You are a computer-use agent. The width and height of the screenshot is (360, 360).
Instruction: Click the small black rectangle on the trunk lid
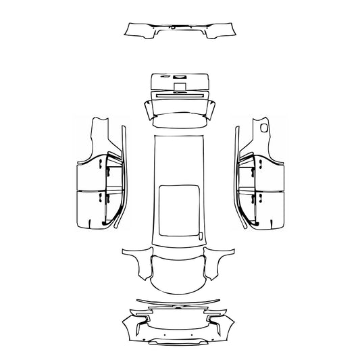(180, 86)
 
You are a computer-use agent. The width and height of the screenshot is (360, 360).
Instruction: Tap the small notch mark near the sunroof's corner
(200, 234)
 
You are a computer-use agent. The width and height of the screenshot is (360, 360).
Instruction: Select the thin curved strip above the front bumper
(179, 300)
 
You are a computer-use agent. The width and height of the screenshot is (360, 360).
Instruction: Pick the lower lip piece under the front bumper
(179, 341)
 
